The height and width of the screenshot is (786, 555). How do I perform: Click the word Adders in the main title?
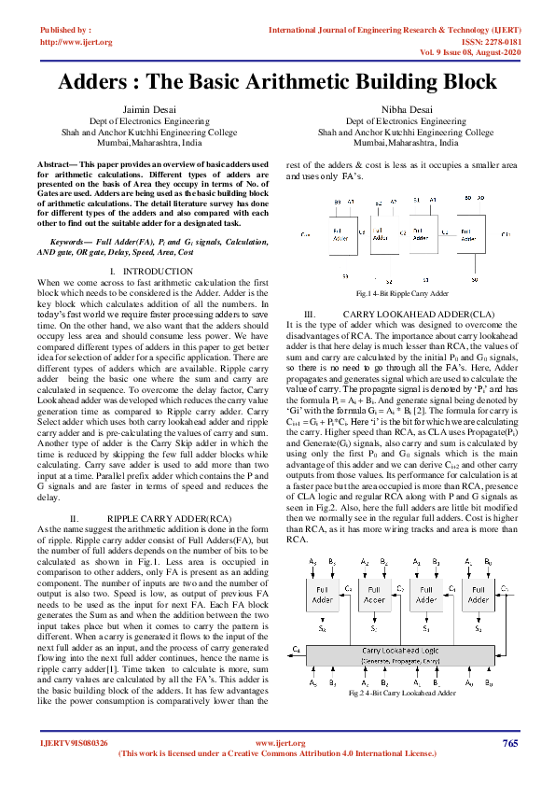tap(105, 81)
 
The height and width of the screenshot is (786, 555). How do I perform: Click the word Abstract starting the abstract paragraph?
tap(53, 164)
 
